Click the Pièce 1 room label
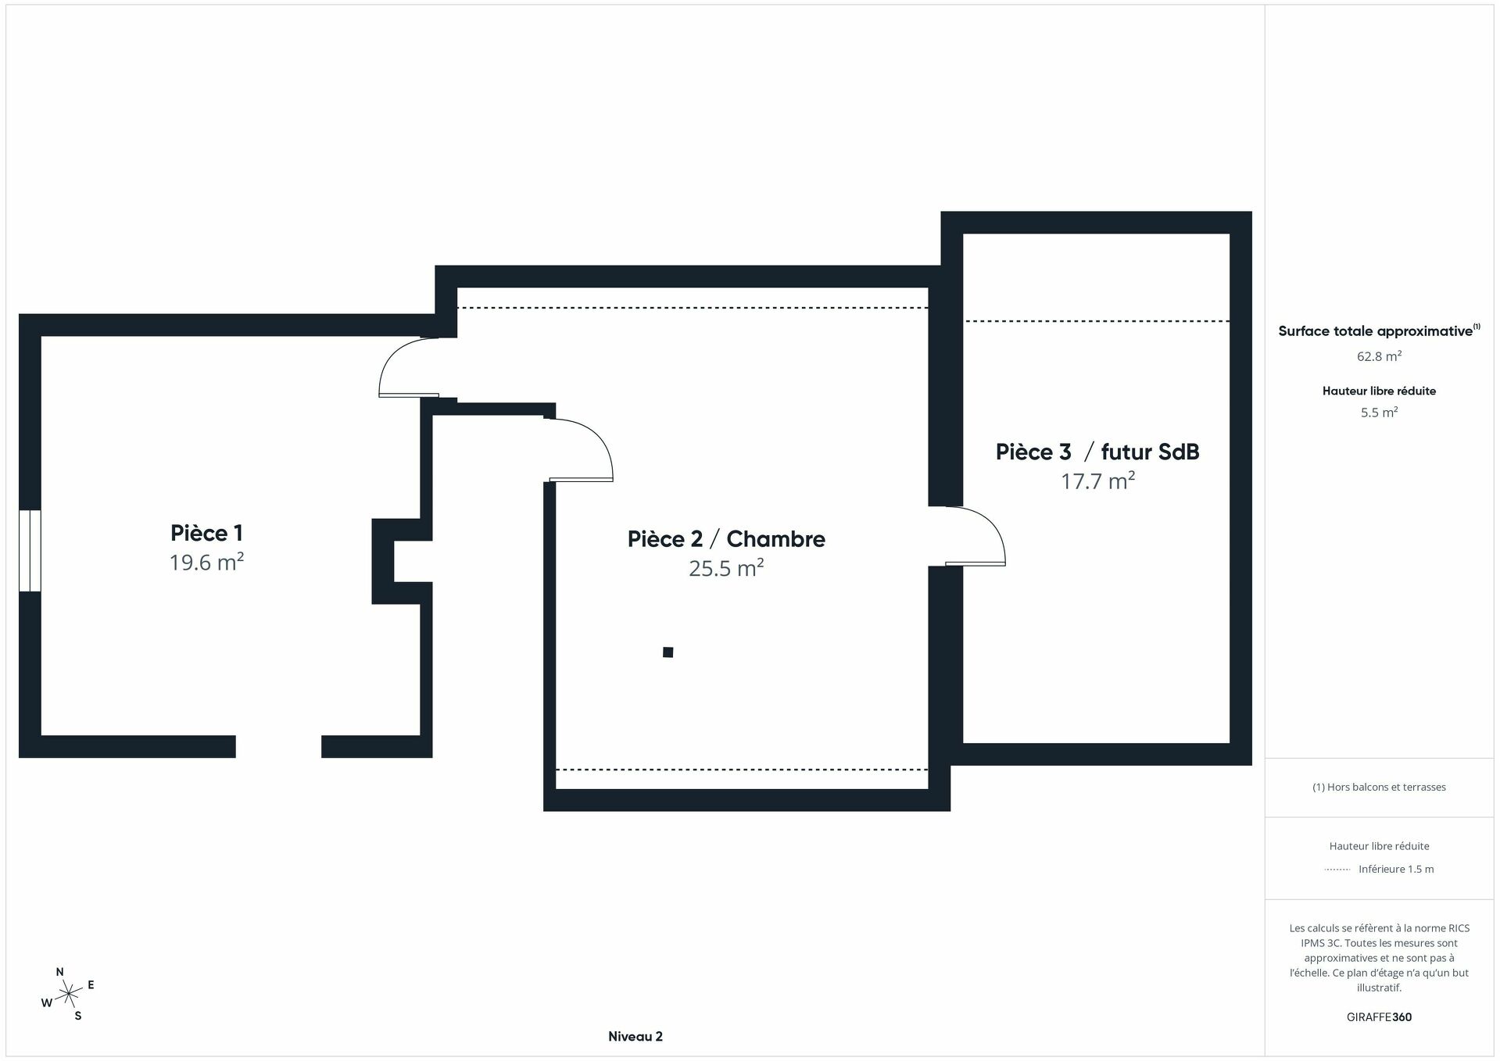[x=206, y=533]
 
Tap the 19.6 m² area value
[x=206, y=563]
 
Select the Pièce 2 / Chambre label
[x=726, y=539]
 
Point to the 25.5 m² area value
[x=726, y=568]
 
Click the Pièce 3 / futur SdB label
[x=1097, y=452]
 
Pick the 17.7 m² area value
[x=1097, y=480]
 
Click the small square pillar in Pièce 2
[x=668, y=652]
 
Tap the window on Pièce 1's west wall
[x=30, y=550]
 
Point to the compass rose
[x=70, y=994]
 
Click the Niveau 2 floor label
[x=635, y=1037]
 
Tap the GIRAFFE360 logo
[x=1379, y=1017]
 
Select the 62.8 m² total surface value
[x=1379, y=356]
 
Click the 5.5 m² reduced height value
[x=1379, y=413]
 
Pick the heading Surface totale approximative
[x=1375, y=331]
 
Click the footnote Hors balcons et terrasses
[x=1379, y=787]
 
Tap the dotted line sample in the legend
[x=1337, y=870]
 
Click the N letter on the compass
[x=60, y=972]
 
